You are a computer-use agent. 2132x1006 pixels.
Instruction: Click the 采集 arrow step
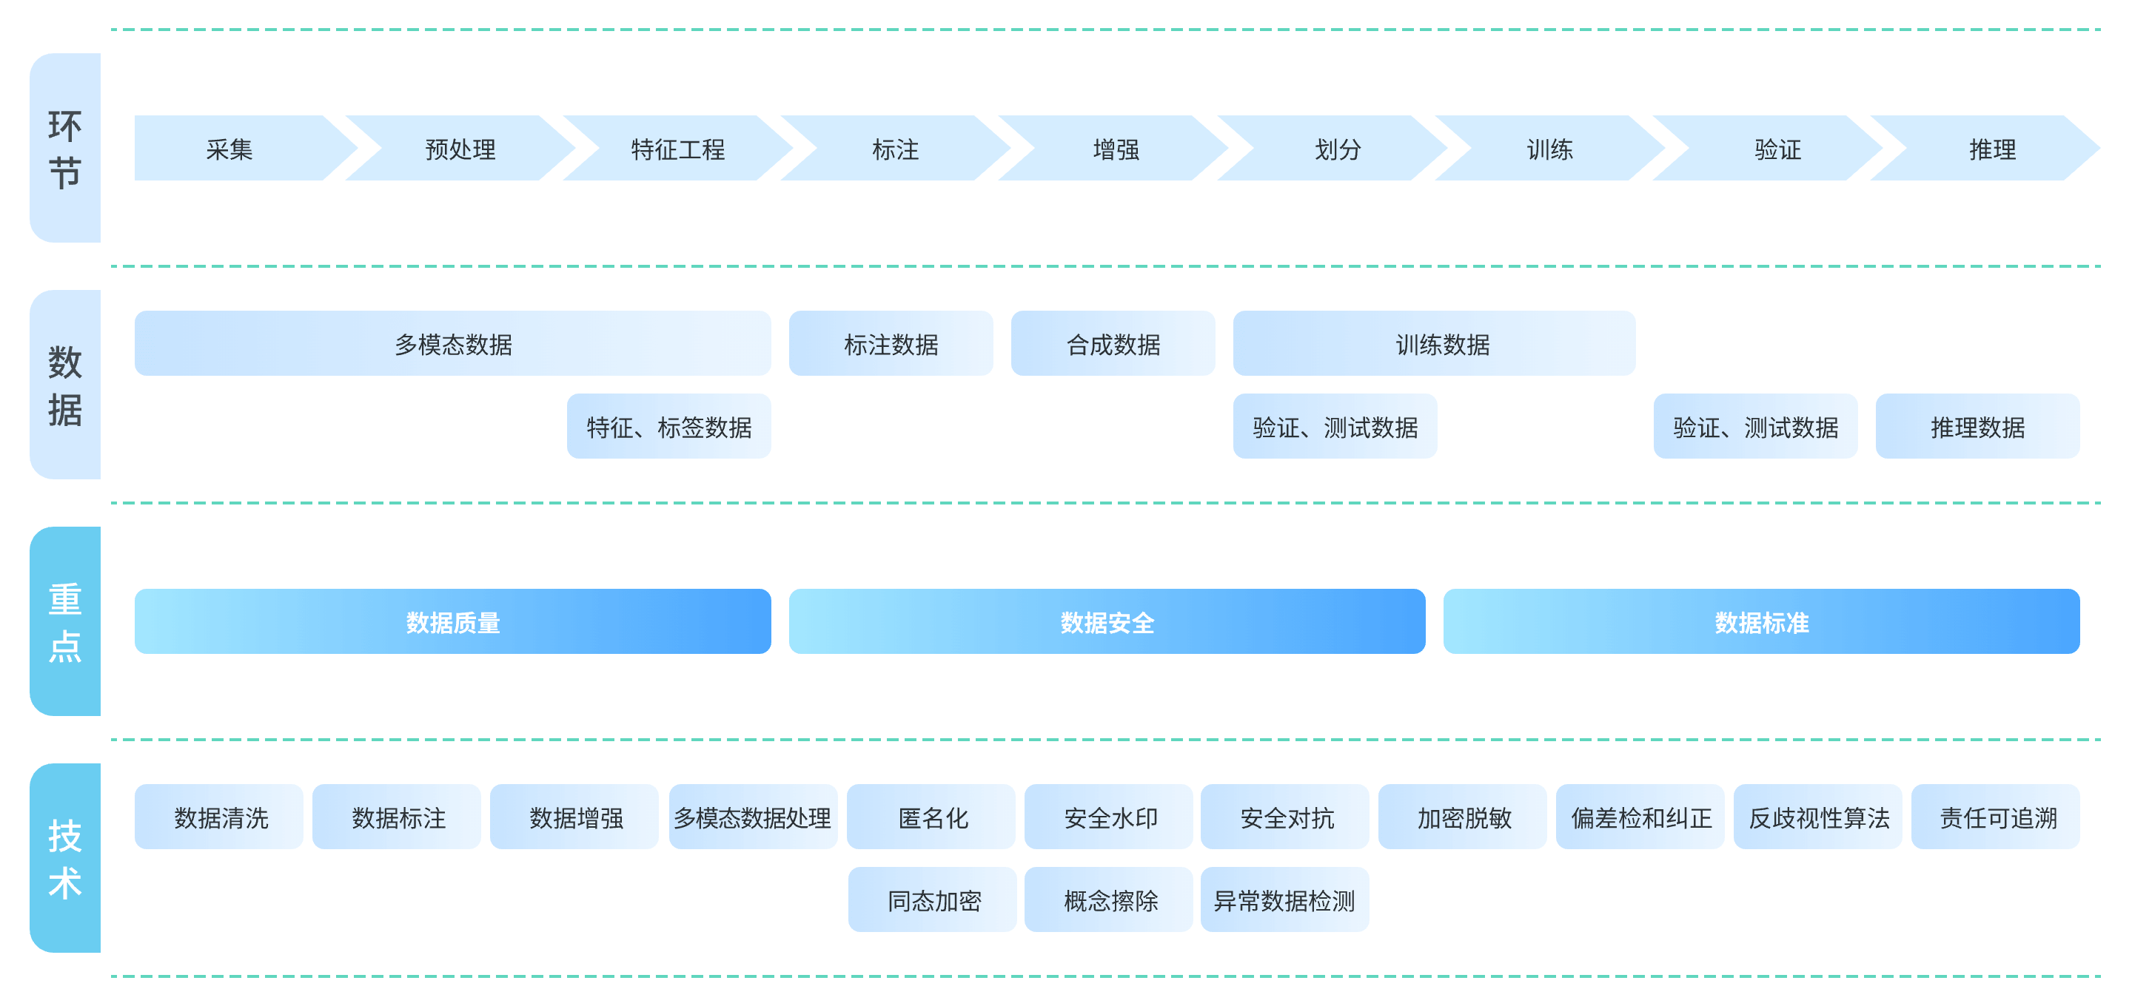click(x=229, y=149)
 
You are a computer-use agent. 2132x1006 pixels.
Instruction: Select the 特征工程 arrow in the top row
click(x=677, y=149)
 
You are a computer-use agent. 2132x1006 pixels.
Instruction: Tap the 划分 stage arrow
click(x=1337, y=149)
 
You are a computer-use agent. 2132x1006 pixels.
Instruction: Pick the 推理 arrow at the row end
click(x=1991, y=149)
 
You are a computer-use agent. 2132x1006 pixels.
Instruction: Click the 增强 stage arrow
click(x=1115, y=149)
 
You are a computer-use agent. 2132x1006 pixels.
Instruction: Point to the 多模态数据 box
click(x=453, y=343)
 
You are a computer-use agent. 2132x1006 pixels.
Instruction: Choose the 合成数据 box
click(x=1113, y=343)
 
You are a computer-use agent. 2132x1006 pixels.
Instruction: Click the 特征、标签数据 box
click(x=668, y=426)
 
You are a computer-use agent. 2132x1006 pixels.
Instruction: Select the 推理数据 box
click(x=1977, y=426)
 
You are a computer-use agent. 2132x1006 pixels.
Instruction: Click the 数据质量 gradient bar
click(x=453, y=621)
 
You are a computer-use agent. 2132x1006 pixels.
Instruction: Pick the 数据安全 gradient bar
click(x=1107, y=621)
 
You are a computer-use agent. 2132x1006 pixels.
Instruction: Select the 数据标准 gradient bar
click(x=1761, y=621)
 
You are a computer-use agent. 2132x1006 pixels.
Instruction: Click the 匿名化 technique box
click(x=932, y=817)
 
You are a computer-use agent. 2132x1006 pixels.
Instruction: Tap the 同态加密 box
click(x=933, y=899)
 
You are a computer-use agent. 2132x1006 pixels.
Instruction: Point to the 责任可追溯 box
click(x=1997, y=817)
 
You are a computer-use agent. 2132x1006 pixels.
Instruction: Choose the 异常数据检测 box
click(x=1284, y=899)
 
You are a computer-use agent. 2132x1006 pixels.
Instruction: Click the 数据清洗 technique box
click(x=220, y=817)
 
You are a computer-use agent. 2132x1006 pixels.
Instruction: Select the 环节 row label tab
click(x=65, y=149)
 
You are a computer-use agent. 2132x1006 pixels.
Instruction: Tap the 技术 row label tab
click(x=65, y=858)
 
